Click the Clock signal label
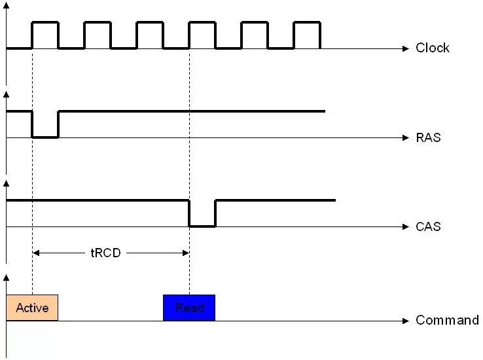point(433,48)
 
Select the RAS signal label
point(428,137)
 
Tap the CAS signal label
point(428,226)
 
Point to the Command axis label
point(447,320)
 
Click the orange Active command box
point(32,308)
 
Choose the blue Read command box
point(188,308)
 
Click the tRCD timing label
point(106,253)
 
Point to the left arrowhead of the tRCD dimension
point(36,253)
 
